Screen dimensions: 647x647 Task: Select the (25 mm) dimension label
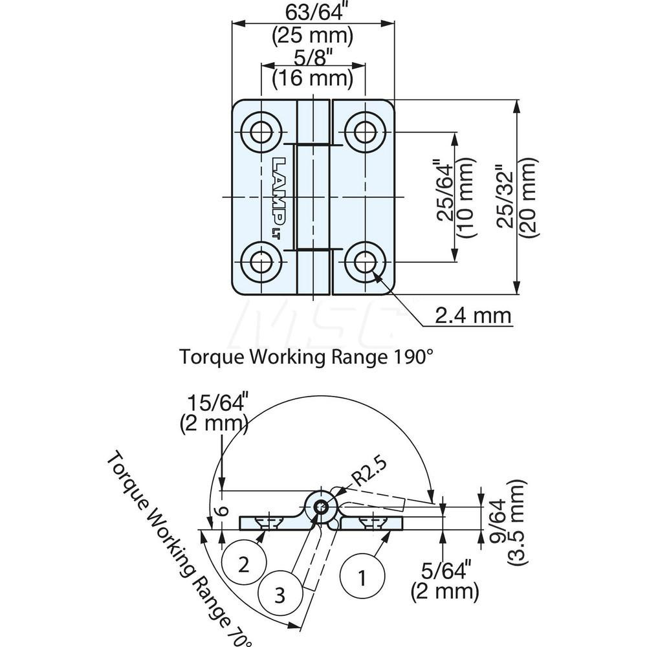313,35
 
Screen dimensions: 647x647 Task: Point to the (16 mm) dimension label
313,79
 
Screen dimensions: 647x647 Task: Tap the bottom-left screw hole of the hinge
261,262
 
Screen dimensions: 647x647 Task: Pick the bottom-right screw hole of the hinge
366,262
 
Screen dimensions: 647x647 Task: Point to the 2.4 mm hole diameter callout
473,316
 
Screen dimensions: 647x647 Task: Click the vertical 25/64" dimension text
445,197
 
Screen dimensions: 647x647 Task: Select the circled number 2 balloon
243,565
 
